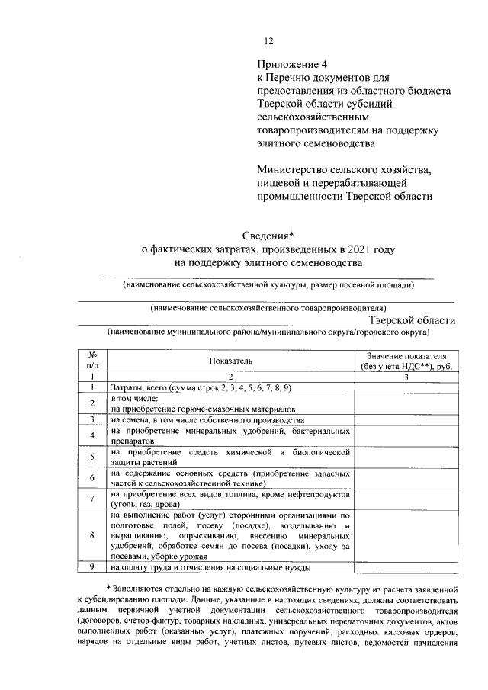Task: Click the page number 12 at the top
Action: click(268, 41)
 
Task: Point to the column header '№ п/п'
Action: click(91, 360)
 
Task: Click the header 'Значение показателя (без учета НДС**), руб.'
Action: click(406, 360)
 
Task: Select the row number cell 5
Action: click(91, 457)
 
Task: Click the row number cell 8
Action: click(91, 535)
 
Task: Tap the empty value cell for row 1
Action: click(406, 387)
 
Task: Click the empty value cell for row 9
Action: click(406, 567)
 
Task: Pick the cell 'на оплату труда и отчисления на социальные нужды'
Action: click(210, 567)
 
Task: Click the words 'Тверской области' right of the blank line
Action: click(412, 320)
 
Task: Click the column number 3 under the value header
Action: click(406, 376)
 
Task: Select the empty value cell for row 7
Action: click(406, 499)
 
